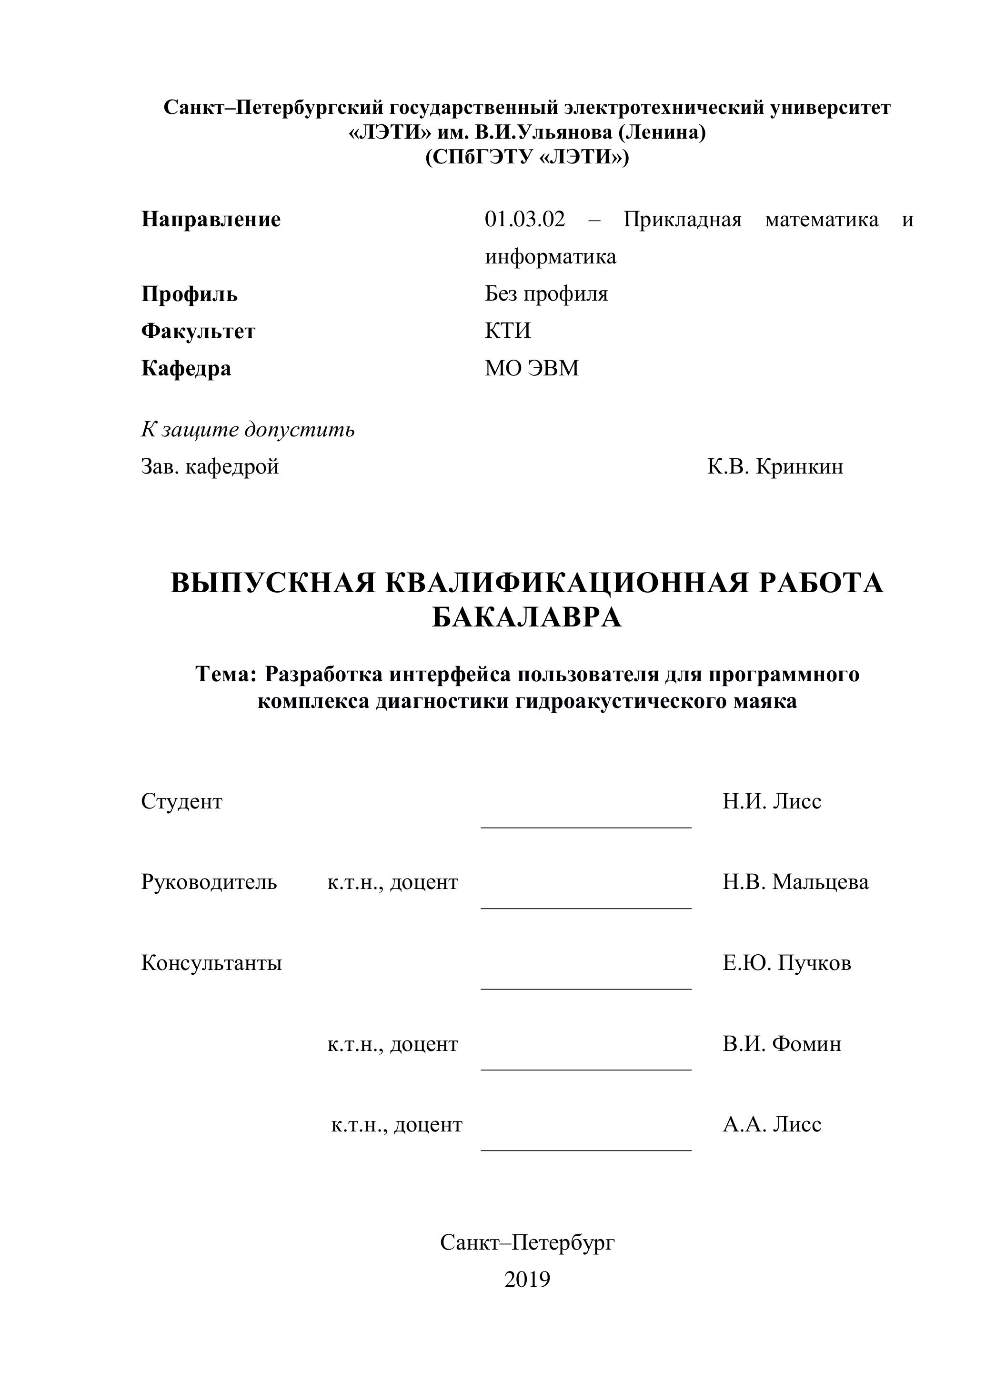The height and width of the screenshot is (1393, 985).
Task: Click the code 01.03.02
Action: tap(524, 219)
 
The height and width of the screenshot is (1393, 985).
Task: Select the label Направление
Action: tap(211, 219)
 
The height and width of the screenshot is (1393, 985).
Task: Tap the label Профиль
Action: tap(189, 294)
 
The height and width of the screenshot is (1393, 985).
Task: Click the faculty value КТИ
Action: tap(508, 331)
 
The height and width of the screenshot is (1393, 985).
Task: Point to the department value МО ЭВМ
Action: tap(531, 368)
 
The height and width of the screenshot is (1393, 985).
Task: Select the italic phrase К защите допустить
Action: tap(248, 430)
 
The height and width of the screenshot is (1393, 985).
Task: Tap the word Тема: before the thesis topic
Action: tap(227, 674)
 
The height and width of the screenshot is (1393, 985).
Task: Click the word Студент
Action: tap(181, 801)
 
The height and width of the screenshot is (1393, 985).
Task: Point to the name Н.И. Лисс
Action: tap(772, 801)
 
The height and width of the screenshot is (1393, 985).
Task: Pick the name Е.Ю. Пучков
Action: tap(787, 963)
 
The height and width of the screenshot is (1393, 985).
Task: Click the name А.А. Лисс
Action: tap(772, 1124)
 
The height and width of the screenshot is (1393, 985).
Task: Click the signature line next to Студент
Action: tap(586, 827)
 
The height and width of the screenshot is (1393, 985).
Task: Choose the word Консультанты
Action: tap(211, 963)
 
